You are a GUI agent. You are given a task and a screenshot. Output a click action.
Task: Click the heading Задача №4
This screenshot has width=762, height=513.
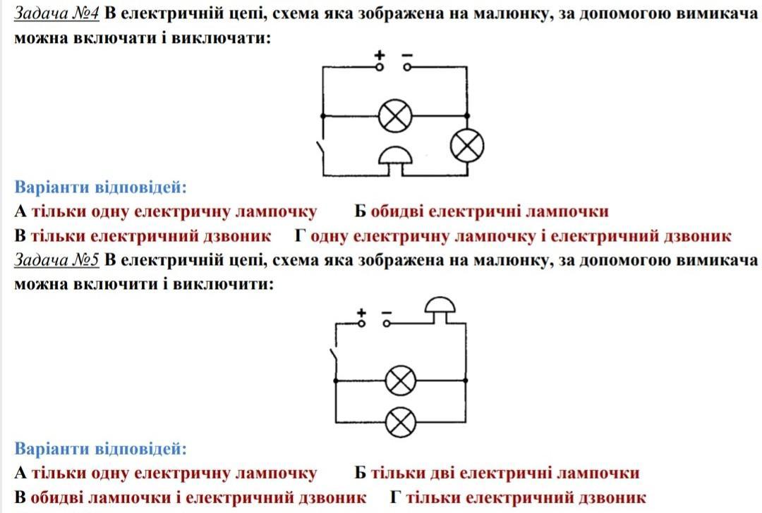tap(56, 13)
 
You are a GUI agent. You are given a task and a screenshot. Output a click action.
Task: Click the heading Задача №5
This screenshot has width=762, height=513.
tap(56, 260)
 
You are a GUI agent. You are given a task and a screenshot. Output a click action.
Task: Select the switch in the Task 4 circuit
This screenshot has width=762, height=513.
tap(321, 152)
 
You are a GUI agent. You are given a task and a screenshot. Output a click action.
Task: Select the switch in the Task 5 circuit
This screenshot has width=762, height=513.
tap(333, 359)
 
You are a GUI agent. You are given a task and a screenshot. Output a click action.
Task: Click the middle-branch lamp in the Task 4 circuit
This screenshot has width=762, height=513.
tap(395, 116)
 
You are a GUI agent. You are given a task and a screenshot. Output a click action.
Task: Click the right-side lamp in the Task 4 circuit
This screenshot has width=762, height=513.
tap(467, 146)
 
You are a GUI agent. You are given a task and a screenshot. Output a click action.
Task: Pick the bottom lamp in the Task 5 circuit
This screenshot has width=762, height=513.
tap(401, 422)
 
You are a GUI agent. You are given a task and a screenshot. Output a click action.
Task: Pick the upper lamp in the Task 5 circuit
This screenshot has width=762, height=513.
tap(401, 381)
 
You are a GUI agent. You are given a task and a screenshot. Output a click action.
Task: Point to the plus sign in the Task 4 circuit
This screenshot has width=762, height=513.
tap(380, 55)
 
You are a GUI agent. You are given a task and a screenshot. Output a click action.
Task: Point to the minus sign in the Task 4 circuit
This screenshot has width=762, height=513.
tap(407, 56)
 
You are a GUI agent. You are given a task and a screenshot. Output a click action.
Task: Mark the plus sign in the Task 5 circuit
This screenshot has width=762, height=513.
tap(361, 313)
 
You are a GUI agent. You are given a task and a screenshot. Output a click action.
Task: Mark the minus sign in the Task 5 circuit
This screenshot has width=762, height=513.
tap(387, 313)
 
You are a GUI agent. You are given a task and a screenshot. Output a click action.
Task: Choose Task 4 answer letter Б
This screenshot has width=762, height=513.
tap(360, 211)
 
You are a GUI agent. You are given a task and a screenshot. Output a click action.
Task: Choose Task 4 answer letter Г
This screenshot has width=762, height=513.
tap(301, 236)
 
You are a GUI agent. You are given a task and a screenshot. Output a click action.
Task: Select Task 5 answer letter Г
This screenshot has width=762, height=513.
tap(396, 497)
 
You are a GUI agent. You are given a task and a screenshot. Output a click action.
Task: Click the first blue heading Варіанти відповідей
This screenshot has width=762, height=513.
tap(101, 187)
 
